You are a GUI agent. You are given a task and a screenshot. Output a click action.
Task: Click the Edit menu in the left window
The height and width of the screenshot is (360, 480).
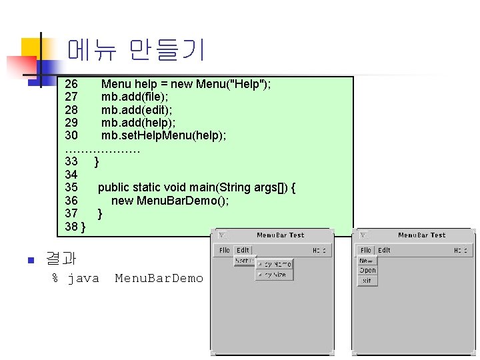242,251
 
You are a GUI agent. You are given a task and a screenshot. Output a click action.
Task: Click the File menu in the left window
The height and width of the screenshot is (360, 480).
225,251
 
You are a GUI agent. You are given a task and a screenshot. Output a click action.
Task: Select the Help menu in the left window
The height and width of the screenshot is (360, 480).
320,251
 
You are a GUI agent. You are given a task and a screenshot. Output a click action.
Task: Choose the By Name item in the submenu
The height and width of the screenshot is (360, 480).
275,265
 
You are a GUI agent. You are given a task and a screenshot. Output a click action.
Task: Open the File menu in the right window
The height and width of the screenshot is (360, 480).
366,251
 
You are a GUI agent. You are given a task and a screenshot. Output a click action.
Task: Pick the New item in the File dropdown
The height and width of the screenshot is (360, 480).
367,261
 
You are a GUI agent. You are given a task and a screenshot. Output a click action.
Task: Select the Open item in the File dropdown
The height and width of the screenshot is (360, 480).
367,271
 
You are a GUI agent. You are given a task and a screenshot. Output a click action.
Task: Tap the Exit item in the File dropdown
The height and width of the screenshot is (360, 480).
367,281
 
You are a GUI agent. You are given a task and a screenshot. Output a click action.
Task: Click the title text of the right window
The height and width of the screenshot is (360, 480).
421,235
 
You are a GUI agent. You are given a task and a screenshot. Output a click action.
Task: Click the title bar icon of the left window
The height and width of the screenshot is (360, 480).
222,235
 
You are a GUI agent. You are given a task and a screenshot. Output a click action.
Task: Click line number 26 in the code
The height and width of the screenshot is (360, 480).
71,84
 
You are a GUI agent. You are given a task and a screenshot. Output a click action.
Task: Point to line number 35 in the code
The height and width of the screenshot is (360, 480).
71,187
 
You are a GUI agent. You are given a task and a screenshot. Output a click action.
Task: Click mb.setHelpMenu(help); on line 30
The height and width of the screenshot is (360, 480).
163,135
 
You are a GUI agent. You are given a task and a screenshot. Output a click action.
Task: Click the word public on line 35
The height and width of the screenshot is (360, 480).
113,187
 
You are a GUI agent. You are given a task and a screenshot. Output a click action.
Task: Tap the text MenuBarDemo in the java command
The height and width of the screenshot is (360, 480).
159,278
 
